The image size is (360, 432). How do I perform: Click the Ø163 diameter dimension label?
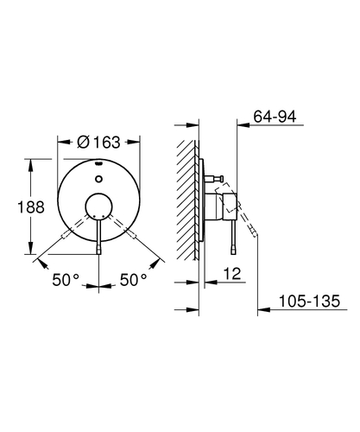(98, 143)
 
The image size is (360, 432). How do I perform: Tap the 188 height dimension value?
(31, 207)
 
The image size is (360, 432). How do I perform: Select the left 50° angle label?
(66, 280)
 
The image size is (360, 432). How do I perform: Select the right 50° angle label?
(133, 280)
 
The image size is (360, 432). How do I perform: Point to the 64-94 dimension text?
(275, 117)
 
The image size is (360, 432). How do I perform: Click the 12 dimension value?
(232, 274)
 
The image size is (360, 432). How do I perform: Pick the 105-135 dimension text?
(310, 302)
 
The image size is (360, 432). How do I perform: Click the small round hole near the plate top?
(98, 179)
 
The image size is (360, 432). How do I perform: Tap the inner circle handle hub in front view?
(98, 206)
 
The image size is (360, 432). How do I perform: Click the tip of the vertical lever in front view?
(98, 251)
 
